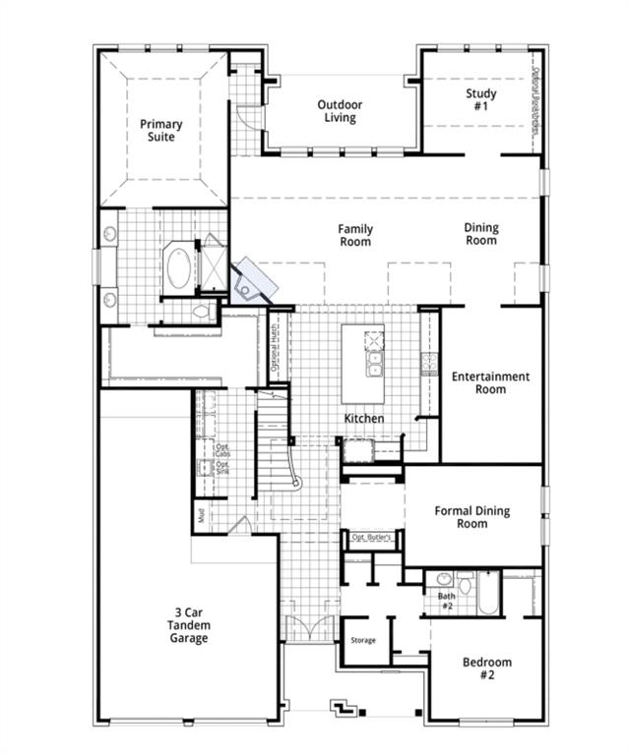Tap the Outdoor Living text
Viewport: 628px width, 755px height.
[340, 111]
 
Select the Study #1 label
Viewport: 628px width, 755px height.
[481, 99]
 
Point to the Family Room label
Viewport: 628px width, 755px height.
[355, 235]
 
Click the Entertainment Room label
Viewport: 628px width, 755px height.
[490, 382]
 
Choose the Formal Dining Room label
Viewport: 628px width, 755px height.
[471, 517]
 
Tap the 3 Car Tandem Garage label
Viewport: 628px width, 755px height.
[187, 625]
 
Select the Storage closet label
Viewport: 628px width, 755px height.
[363, 641]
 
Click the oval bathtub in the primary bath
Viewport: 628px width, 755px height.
[179, 268]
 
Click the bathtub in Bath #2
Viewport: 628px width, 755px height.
[486, 596]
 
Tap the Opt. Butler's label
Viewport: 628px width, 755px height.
[372, 537]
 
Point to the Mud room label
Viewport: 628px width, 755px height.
[200, 514]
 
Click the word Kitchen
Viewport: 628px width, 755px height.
[363, 419]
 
